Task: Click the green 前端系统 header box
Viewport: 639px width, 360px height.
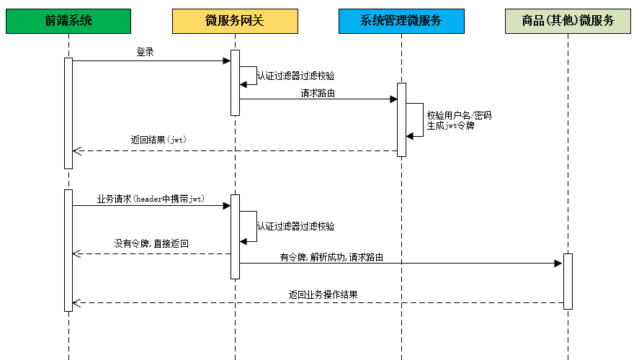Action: click(68, 22)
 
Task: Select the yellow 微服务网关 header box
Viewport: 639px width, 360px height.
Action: click(235, 22)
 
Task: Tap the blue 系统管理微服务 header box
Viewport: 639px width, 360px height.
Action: click(401, 22)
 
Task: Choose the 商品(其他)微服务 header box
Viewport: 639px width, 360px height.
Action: click(568, 22)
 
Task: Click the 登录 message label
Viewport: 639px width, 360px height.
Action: click(145, 53)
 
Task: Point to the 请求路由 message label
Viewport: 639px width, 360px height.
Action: click(318, 93)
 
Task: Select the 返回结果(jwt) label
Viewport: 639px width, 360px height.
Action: click(158, 140)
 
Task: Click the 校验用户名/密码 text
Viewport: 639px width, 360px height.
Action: click(459, 115)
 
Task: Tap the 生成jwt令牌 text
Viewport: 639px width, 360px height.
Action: click(450, 125)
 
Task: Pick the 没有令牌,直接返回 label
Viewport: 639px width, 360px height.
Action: click(151, 244)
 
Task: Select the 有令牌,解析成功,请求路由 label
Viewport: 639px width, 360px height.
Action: click(331, 257)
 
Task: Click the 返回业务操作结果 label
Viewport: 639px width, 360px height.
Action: click(323, 294)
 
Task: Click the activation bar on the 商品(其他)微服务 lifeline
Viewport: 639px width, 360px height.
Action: click(568, 281)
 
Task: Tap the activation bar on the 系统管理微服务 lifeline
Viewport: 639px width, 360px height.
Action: click(401, 120)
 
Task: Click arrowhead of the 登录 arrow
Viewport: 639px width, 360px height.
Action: click(226, 61)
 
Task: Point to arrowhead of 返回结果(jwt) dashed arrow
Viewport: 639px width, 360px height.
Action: click(77, 151)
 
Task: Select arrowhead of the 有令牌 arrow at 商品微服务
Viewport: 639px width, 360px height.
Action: click(558, 264)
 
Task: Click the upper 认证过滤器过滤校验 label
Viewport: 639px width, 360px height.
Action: click(295, 76)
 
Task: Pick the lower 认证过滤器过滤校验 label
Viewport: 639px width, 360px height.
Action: click(295, 226)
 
